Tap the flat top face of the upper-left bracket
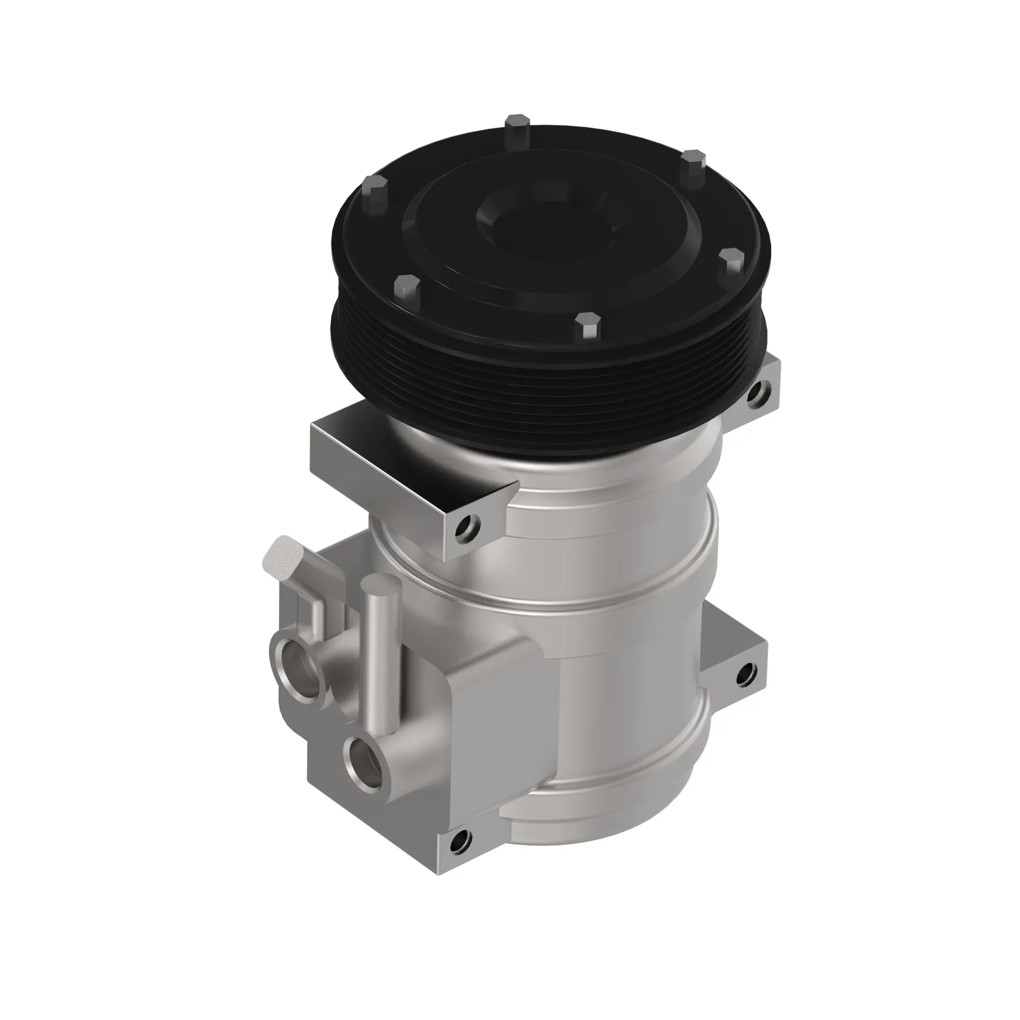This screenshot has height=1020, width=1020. pyautogui.click(x=401, y=449)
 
